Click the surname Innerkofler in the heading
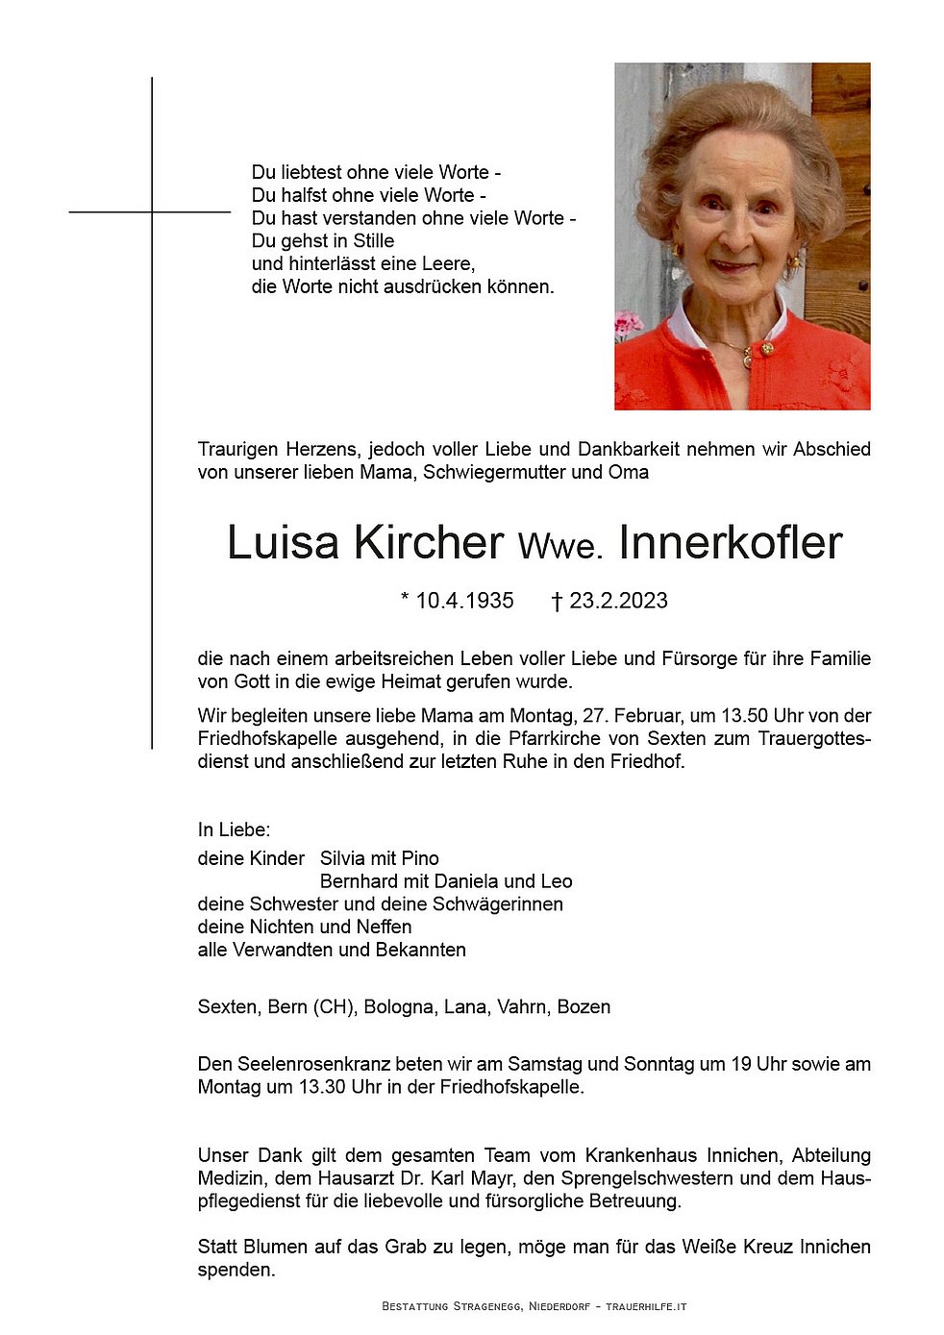tap(731, 543)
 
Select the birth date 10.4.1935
tap(464, 601)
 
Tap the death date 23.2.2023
tap(618, 601)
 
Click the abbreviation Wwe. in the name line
tap(560, 547)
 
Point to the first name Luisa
tap(283, 543)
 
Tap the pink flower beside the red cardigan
tap(627, 324)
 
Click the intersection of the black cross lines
tap(152, 211)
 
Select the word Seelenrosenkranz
tap(320, 1065)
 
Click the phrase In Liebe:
tap(234, 829)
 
